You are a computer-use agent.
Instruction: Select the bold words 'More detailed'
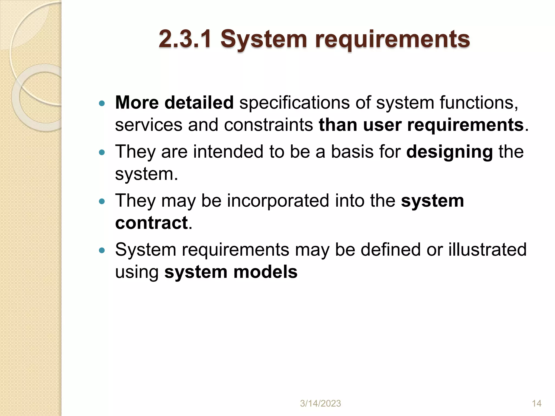pos(174,103)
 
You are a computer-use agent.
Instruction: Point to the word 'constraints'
pos(268,125)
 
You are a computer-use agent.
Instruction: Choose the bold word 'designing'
pos(449,152)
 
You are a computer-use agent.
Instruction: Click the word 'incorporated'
pos(278,201)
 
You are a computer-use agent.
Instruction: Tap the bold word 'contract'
pos(151,223)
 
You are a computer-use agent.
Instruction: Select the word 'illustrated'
pos(487,249)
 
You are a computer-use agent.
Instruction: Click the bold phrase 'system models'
pos(231,272)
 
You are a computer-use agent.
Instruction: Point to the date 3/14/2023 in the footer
pos(320,404)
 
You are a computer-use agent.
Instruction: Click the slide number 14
pos(537,404)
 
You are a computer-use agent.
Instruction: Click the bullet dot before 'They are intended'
pos(102,152)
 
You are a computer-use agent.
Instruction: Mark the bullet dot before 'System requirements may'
pos(102,250)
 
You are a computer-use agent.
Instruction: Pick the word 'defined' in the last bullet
pos(390,249)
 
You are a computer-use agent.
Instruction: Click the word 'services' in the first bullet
pos(149,125)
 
